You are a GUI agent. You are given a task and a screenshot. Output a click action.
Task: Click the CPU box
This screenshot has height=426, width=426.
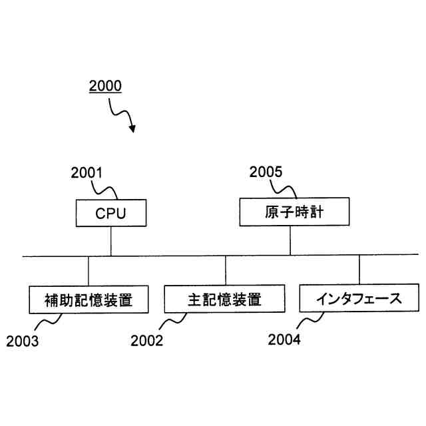[110, 214]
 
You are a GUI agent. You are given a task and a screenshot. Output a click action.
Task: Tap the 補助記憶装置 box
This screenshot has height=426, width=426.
[89, 300]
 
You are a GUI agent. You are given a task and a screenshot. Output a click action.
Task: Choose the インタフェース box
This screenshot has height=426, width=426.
[359, 298]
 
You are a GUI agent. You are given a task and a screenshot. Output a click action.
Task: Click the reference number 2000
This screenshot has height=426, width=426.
[105, 87]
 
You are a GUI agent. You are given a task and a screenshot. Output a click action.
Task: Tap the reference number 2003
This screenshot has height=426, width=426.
[23, 342]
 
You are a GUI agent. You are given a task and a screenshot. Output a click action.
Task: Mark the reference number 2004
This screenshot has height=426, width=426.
[284, 340]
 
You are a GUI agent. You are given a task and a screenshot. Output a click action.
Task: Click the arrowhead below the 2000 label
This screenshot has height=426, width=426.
[131, 127]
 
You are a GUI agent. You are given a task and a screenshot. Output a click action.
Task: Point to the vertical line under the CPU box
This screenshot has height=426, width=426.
[111, 241]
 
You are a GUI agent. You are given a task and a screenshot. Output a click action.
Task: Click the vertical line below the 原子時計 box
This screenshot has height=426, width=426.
[290, 240]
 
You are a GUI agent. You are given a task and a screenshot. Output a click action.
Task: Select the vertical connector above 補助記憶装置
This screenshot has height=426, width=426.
[89, 271]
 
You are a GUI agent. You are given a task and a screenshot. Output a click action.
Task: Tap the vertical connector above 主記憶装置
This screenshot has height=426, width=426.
[225, 271]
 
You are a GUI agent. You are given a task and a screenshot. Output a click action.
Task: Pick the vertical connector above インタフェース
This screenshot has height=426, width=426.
[359, 270]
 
